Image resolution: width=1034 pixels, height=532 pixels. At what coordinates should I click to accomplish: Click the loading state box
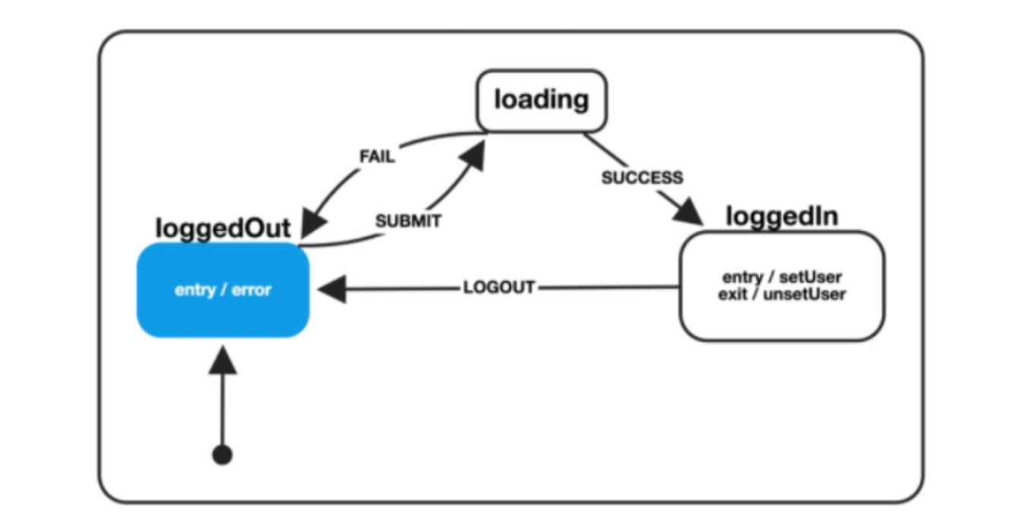541,101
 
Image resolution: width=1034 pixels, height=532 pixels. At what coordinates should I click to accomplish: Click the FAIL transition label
376,157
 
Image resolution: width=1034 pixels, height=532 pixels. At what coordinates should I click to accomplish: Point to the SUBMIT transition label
408,222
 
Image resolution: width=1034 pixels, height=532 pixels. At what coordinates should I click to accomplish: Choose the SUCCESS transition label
642,178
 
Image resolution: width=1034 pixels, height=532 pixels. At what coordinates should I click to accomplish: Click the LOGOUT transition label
499,288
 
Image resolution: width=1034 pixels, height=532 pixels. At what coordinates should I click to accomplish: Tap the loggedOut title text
223,228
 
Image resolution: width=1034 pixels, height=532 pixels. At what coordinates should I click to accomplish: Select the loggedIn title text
782,216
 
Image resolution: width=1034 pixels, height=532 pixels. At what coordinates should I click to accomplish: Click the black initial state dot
222,455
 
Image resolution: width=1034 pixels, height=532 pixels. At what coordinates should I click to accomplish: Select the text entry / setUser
782,277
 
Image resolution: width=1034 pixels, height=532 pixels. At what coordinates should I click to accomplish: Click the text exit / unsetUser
782,293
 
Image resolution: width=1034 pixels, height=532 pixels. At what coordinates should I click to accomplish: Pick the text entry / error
223,290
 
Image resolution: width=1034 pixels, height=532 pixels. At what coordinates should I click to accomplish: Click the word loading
541,100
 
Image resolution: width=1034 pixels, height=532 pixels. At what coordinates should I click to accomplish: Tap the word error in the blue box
252,290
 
